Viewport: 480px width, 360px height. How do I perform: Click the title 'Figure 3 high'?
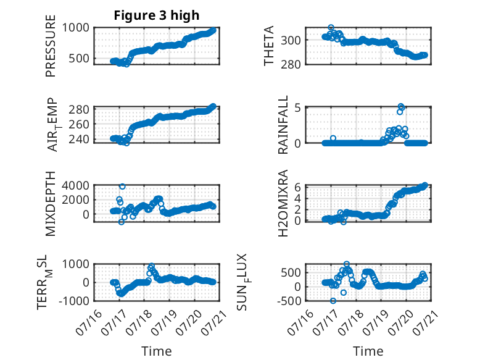coord(157,15)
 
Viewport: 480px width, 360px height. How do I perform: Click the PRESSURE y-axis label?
coord(51,46)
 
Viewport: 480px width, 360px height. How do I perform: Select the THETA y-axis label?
coord(268,46)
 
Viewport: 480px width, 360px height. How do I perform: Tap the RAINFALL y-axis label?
coord(283,124)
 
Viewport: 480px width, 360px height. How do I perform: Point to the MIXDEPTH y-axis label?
coord(51,204)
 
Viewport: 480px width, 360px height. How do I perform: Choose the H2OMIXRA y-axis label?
coord(283,203)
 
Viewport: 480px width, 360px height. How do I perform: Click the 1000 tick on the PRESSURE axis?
coord(76,28)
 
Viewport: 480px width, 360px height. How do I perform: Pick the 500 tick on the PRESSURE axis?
coord(79,58)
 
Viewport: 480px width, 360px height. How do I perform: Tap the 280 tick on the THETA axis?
coord(291,64)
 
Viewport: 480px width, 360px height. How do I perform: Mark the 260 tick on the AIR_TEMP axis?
coord(79,124)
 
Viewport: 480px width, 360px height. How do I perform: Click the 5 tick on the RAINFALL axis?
coord(297,108)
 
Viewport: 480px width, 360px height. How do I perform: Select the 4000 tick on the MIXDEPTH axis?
coord(76,185)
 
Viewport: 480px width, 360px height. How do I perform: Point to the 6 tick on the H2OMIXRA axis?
coord(297,187)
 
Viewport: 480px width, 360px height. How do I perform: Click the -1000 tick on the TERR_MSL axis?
coord(74,301)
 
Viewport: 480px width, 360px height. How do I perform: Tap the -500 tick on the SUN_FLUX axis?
coord(289,301)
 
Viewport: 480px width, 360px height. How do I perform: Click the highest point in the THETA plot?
coord(331,28)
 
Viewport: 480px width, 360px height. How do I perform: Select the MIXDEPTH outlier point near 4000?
coord(122,186)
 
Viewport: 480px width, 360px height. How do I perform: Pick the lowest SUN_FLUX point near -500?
coord(333,301)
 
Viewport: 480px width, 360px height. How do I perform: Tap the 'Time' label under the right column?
coord(368,351)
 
